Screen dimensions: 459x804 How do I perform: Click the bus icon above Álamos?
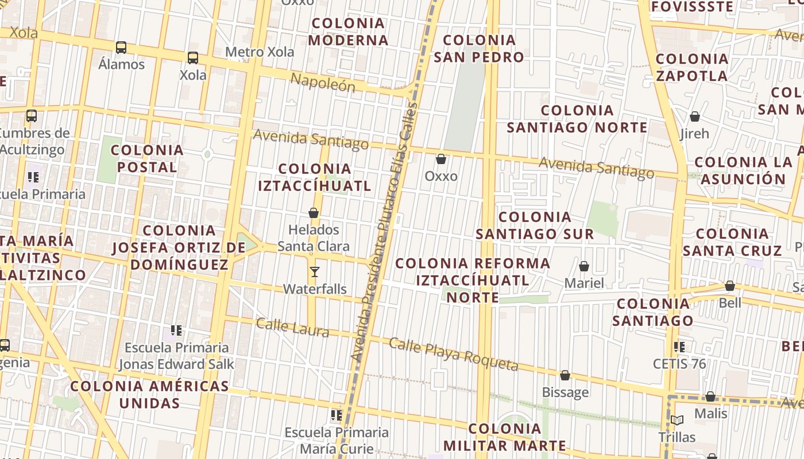(x=121, y=48)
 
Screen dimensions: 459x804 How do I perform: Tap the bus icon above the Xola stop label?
(x=193, y=58)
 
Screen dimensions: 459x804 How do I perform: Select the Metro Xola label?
(x=260, y=52)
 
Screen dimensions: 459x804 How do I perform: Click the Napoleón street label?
(x=323, y=83)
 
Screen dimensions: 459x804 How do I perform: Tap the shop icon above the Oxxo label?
(x=441, y=159)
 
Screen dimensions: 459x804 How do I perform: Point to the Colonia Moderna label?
(x=348, y=32)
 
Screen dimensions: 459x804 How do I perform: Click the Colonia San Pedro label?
(x=479, y=49)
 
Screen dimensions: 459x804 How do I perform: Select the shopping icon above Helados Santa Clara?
(x=314, y=213)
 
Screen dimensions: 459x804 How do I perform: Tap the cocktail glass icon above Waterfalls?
(x=314, y=272)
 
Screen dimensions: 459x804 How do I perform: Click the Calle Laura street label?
(x=292, y=327)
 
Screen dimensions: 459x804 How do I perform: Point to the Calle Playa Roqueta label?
(x=454, y=354)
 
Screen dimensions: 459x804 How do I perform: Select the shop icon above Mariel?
(x=584, y=266)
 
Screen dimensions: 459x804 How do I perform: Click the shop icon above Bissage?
(x=565, y=376)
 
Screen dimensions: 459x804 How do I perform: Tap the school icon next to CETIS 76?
(x=679, y=347)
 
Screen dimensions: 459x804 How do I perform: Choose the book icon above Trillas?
(x=677, y=421)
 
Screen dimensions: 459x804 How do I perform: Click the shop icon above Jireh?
(x=695, y=117)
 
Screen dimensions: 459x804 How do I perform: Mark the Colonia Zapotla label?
(x=691, y=67)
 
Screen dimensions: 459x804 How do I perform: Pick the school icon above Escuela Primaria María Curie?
(x=337, y=415)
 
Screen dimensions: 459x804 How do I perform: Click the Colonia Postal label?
(x=147, y=159)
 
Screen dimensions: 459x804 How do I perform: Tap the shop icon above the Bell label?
(x=730, y=286)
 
